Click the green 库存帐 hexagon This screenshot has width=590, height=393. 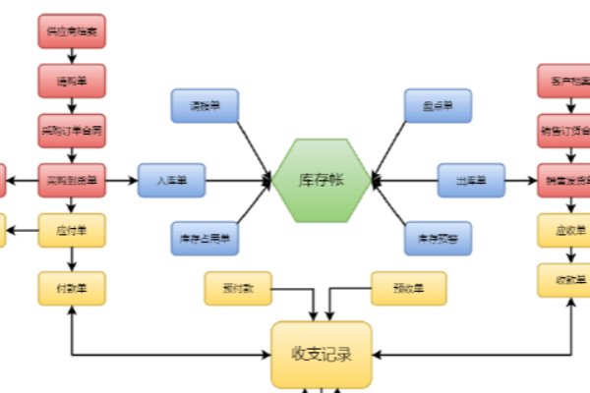(322, 181)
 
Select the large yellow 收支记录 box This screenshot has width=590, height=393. (322, 355)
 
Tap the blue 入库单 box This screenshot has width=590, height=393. (171, 181)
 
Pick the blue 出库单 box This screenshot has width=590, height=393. (471, 181)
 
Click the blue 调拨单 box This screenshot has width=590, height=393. (205, 105)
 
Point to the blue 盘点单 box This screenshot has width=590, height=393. (438, 105)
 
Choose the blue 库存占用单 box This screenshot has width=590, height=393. (205, 236)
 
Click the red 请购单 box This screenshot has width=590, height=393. (72, 81)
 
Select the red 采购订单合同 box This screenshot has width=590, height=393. (72, 130)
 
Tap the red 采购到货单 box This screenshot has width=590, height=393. (72, 181)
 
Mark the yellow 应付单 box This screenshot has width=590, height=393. (72, 232)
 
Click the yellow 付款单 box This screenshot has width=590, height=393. (72, 287)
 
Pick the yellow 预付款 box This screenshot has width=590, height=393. (238, 288)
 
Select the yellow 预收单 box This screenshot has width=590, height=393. (408, 288)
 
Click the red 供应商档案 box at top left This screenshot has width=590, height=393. (72, 30)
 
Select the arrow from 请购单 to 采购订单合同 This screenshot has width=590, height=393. (72, 105)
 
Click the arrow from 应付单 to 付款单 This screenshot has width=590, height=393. (72, 259)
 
